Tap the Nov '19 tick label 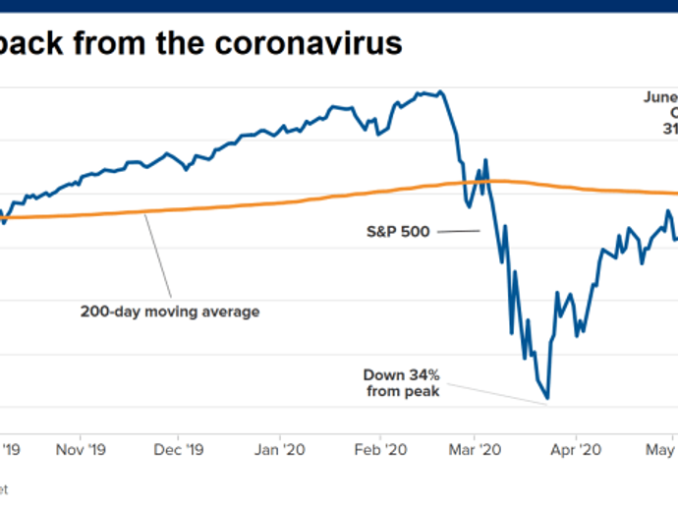coord(83,450)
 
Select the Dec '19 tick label coord(181,450)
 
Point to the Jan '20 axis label coord(280,450)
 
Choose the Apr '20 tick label coord(577,450)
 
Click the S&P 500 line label coord(397,232)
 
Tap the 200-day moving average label coord(170,312)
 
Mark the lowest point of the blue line coord(547,399)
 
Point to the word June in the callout coord(660,98)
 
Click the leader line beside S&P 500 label coord(457,232)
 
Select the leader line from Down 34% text coord(491,387)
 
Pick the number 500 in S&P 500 coord(416,232)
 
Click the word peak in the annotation coord(423,391)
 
